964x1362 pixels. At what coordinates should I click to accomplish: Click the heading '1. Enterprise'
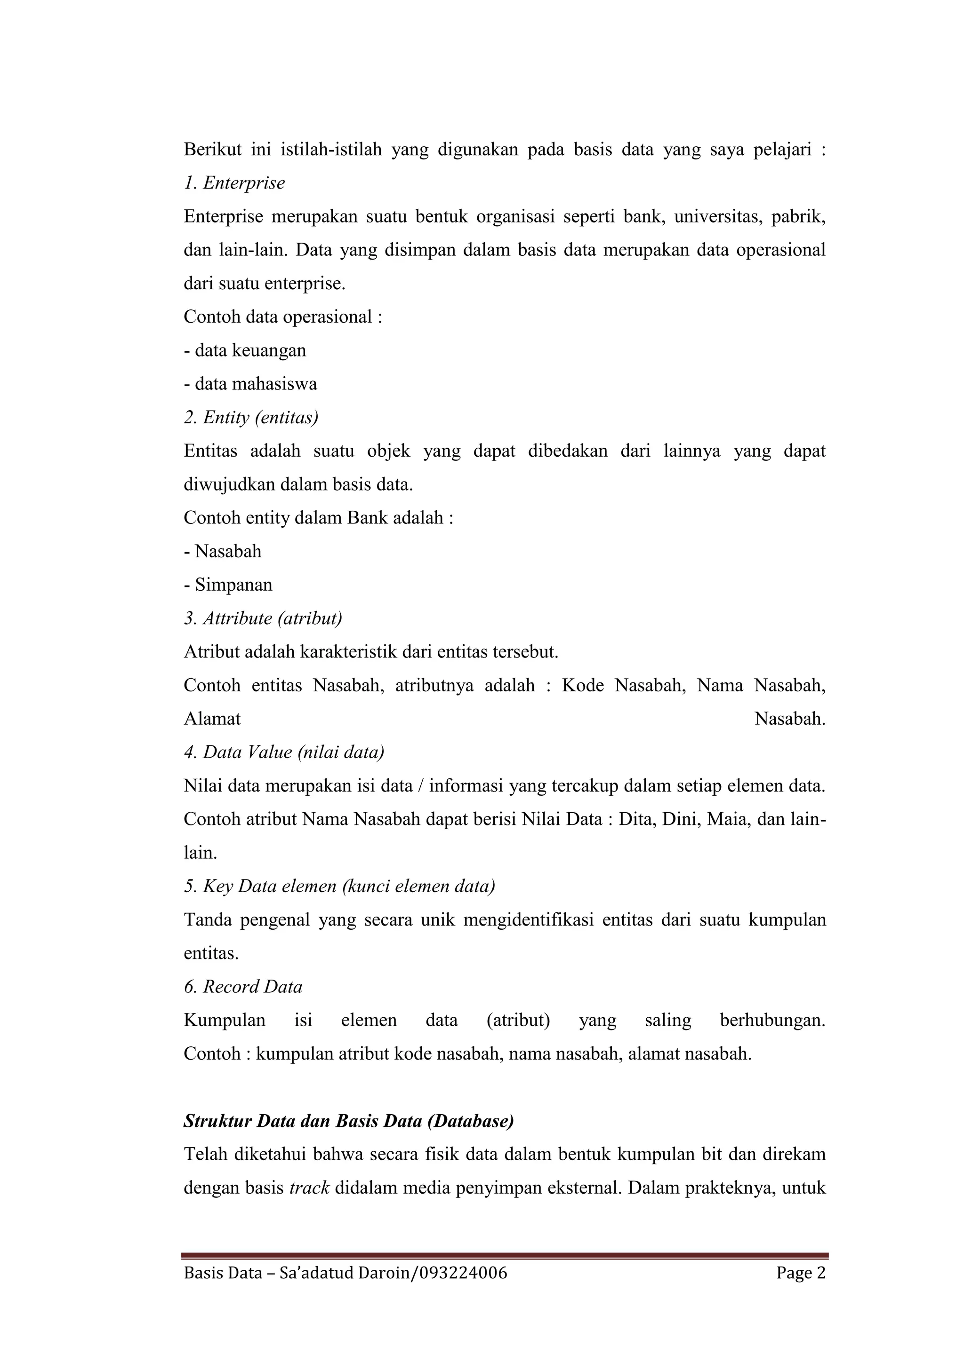(x=234, y=182)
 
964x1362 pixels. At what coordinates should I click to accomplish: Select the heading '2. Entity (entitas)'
(x=251, y=418)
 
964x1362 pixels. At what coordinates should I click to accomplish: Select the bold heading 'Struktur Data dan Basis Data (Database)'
(x=348, y=1121)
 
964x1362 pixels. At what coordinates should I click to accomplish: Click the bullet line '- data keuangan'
(x=245, y=350)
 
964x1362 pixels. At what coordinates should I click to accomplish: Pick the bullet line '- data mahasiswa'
(x=250, y=384)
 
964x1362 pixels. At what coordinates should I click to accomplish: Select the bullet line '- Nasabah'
(x=223, y=552)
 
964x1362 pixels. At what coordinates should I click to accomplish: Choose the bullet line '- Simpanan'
(x=228, y=585)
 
